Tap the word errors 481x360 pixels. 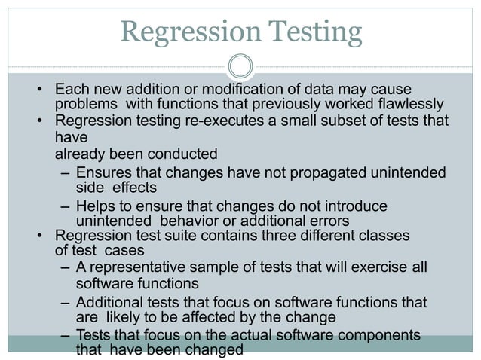point(326,221)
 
